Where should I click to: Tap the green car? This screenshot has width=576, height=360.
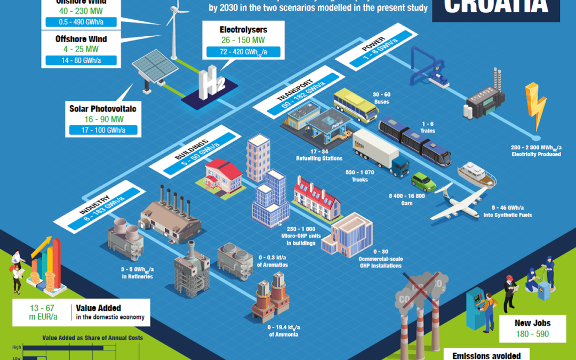click(423, 182)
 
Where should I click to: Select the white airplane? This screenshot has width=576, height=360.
click(458, 204)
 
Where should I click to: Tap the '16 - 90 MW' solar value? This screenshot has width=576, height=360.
click(103, 119)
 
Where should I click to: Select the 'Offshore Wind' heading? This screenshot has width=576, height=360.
click(81, 39)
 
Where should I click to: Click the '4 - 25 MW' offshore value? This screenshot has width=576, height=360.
click(81, 50)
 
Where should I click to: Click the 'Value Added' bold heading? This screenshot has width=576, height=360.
click(98, 308)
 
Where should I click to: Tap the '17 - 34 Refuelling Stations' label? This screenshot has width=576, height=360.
click(318, 155)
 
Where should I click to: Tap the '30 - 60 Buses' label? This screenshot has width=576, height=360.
click(381, 98)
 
